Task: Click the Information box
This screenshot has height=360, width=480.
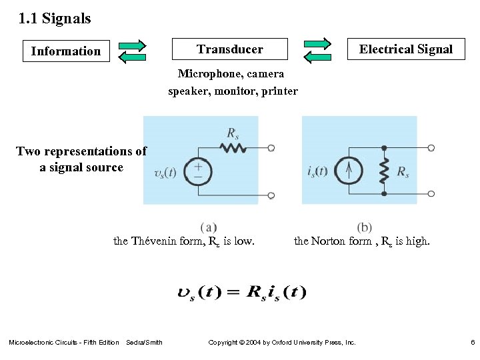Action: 66,51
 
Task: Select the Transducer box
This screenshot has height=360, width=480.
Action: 229,49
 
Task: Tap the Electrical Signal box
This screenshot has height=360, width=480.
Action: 405,49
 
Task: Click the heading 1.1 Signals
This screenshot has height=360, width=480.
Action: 55,19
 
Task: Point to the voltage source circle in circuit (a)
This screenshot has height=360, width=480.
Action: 198,172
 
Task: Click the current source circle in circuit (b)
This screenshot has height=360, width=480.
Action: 350,171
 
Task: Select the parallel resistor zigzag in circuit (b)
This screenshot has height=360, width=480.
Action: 384,171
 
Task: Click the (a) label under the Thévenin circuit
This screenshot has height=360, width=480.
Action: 208,227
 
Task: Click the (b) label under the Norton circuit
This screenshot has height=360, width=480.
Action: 365,227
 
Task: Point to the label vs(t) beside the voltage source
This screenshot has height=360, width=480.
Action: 165,173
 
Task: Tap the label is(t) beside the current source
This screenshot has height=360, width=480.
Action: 318,171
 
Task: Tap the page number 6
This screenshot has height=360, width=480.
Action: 471,343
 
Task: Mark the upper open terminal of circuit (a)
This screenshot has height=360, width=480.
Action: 271,148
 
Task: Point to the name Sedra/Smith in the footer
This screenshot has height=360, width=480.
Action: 144,343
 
